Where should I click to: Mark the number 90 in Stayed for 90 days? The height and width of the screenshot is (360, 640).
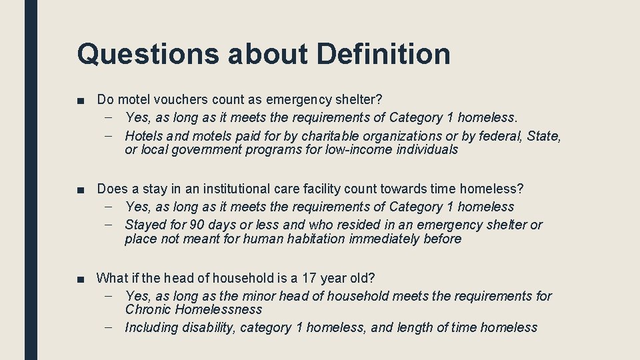pyautogui.click(x=198, y=225)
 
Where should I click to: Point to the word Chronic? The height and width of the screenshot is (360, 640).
pyautogui.click(x=148, y=309)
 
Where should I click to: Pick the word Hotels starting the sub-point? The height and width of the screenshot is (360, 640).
pyautogui.click(x=144, y=136)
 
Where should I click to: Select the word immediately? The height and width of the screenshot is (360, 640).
pyautogui.click(x=385, y=239)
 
